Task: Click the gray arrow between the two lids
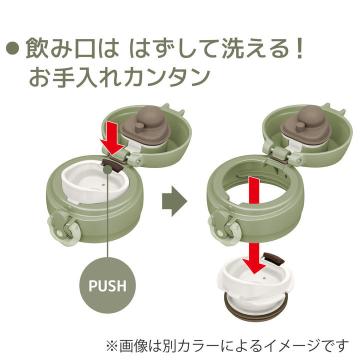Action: tap(174, 202)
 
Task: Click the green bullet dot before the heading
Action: tap(13, 49)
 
